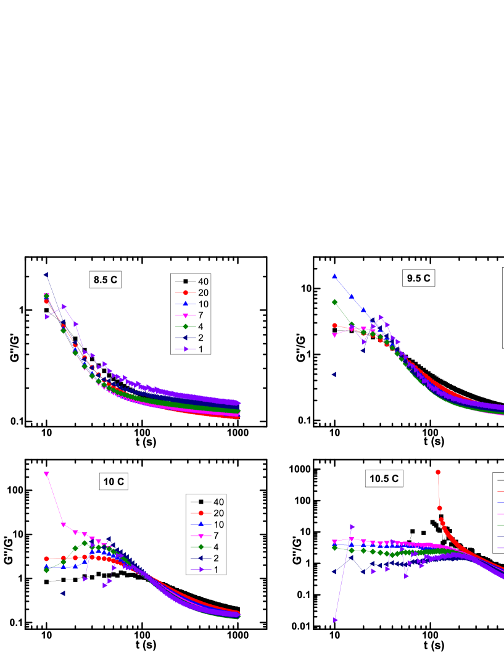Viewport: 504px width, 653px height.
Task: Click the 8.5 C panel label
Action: pyautogui.click(x=105, y=280)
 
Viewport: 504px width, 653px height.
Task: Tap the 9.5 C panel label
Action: pyautogui.click(x=418, y=278)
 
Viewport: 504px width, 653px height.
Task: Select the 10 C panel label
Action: pyautogui.click(x=113, y=482)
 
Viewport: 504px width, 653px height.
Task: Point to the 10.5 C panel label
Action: pyautogui.click(x=384, y=478)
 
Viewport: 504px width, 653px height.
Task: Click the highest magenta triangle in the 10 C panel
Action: pyautogui.click(x=46, y=474)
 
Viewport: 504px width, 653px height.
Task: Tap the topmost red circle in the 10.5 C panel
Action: pyautogui.click(x=438, y=472)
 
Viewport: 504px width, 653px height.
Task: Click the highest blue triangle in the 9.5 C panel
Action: pyautogui.click(x=334, y=277)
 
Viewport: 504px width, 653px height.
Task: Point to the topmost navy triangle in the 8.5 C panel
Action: pyautogui.click(x=46, y=275)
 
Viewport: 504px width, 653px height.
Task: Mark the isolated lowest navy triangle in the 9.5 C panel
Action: pyautogui.click(x=334, y=374)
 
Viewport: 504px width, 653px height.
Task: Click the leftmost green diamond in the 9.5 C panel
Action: pyautogui.click(x=334, y=302)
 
